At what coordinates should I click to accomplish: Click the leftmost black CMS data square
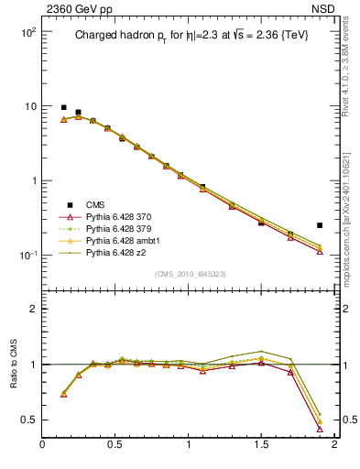63,107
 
